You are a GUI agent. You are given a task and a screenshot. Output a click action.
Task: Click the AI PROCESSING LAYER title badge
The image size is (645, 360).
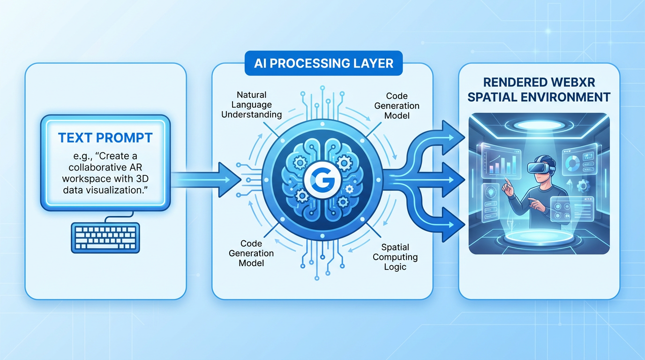point(323,63)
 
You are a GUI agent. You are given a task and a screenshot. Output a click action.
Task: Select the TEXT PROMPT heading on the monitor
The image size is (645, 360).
point(105,137)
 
